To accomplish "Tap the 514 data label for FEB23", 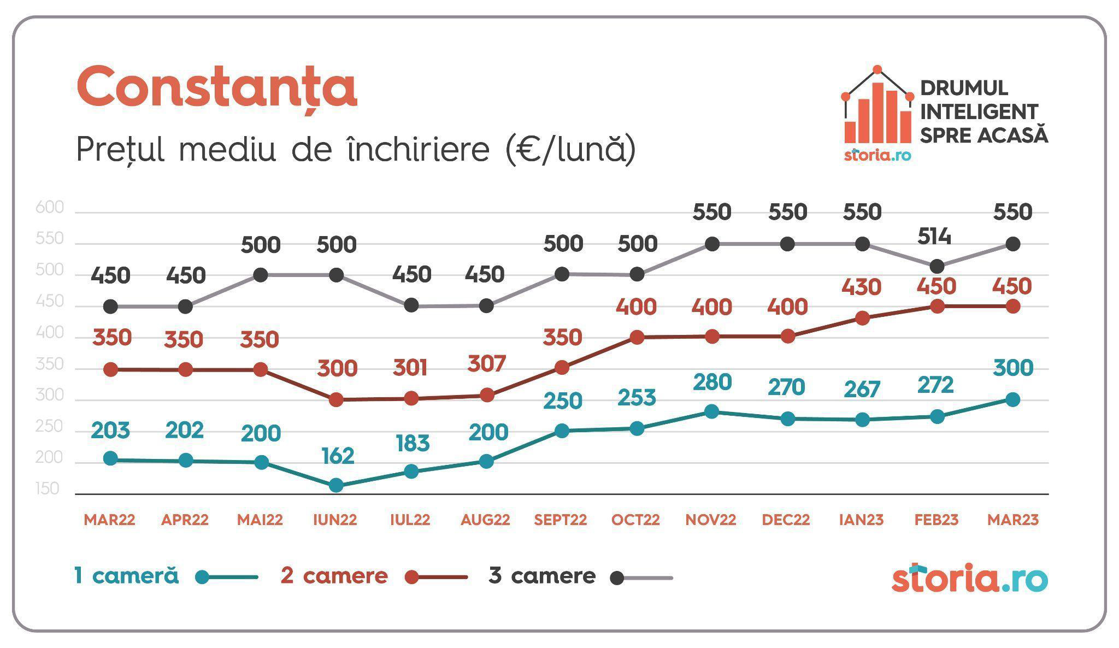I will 934,237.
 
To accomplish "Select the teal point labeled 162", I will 337,485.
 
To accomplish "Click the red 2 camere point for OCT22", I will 637,338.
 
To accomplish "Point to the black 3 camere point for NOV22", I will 711,244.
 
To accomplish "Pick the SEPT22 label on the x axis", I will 560,520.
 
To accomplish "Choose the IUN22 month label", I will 335,520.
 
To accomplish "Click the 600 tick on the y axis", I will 50,208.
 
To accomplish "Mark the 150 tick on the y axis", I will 48,489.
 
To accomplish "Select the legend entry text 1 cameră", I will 127,576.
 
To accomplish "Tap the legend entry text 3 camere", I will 542,576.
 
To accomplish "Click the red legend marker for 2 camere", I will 413,578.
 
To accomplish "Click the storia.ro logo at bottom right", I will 969,579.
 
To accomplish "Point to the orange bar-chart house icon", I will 877,109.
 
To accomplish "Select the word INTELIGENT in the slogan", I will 979,112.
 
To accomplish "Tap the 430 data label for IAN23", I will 861,287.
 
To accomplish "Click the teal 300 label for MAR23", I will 1012,368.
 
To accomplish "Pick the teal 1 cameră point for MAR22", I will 110,459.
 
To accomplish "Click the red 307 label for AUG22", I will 487,364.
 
